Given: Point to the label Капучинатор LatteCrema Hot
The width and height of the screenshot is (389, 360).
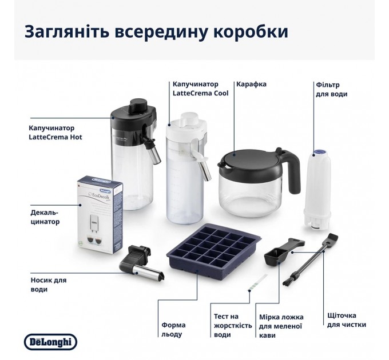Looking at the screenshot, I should click(51, 133).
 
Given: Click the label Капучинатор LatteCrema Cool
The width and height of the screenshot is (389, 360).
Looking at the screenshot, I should click(200, 89).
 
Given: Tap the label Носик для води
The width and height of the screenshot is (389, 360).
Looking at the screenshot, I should click(47, 285).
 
